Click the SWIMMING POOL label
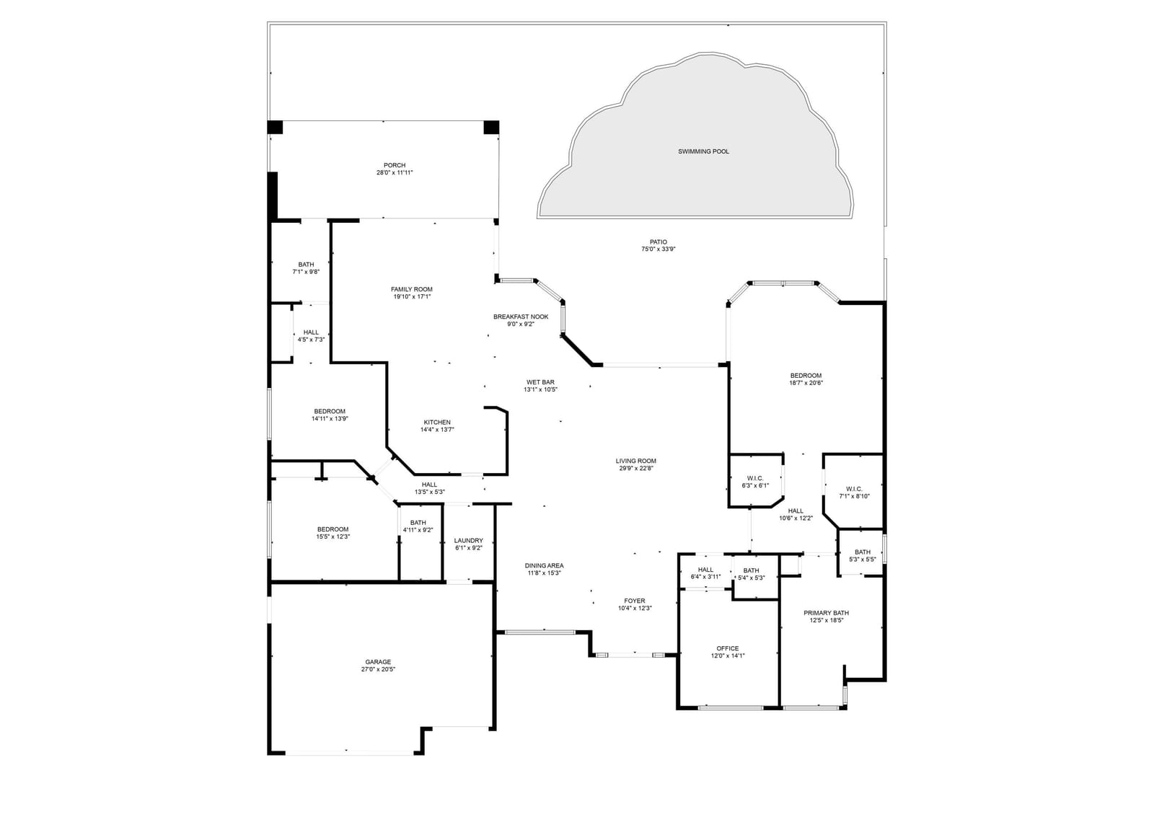pyautogui.click(x=703, y=151)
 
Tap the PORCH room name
pyautogui.click(x=395, y=165)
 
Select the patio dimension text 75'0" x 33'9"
pyautogui.click(x=659, y=249)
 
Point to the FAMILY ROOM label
pyautogui.click(x=412, y=289)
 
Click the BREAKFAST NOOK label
pyautogui.click(x=521, y=317)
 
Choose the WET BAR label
pyautogui.click(x=540, y=382)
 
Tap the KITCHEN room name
pyautogui.click(x=437, y=423)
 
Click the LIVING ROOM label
pyautogui.click(x=635, y=461)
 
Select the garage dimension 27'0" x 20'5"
pyautogui.click(x=378, y=670)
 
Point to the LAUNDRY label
pyautogui.click(x=468, y=541)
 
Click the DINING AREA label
pyautogui.click(x=544, y=565)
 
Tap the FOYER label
pyautogui.click(x=635, y=601)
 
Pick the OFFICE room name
pyautogui.click(x=728, y=648)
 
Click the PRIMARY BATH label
pyautogui.click(x=827, y=613)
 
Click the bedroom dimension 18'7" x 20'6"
pyautogui.click(x=806, y=383)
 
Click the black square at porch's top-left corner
pyautogui.click(x=275, y=127)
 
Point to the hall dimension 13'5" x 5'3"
pyautogui.click(x=430, y=492)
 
